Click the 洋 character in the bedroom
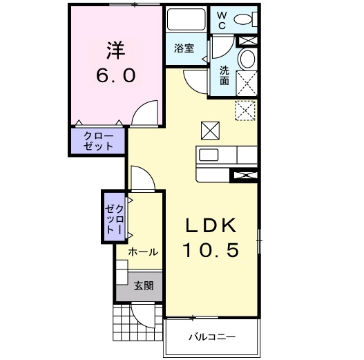click(x=115, y=50)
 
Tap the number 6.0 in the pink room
click(x=115, y=74)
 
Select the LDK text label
click(x=211, y=225)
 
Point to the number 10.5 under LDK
click(x=211, y=250)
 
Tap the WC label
click(x=222, y=20)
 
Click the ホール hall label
click(x=143, y=252)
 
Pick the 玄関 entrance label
click(x=143, y=285)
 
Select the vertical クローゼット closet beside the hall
click(x=113, y=217)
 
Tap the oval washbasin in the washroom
click(x=245, y=61)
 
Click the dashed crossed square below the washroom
click(x=245, y=110)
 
